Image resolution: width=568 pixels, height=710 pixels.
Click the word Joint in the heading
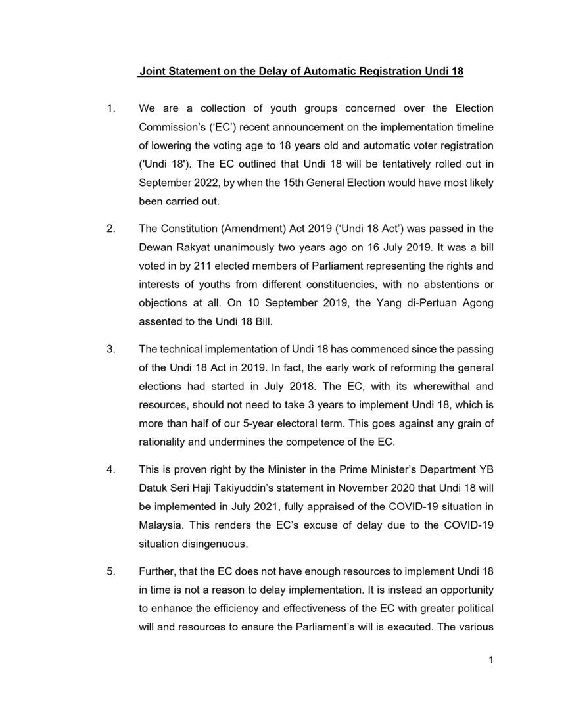tap(153, 71)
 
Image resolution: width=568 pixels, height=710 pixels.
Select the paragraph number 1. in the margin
tap(110, 108)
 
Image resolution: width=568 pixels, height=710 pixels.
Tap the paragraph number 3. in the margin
tap(110, 349)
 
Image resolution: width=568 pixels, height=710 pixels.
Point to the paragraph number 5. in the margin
tap(110, 571)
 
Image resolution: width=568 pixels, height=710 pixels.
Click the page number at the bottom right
tap(490, 660)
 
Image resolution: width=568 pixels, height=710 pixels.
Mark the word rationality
tap(163, 442)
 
